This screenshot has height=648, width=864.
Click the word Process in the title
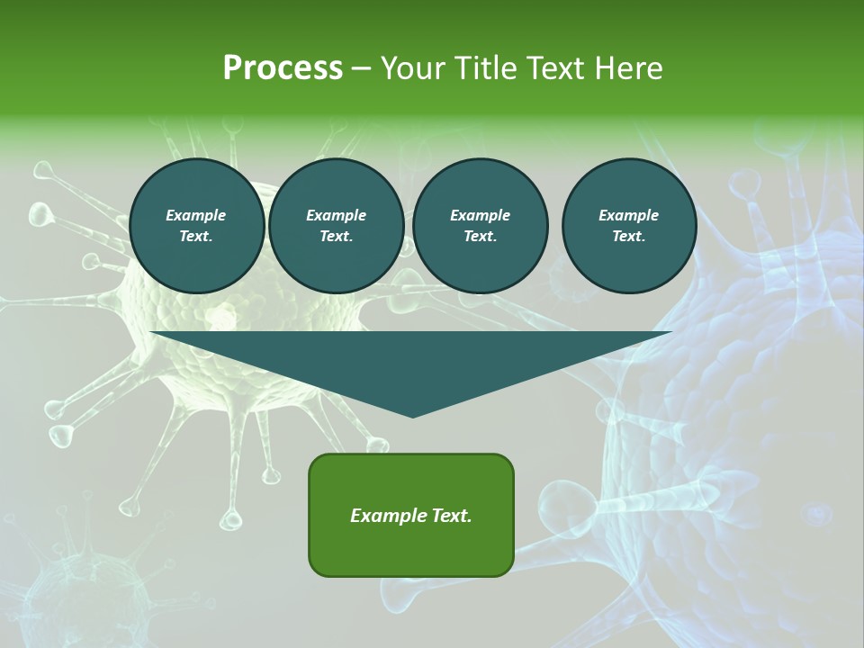[283, 68]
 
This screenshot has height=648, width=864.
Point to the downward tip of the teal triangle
[412, 415]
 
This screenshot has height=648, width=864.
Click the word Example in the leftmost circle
[196, 215]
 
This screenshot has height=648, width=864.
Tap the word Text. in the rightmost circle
[629, 237]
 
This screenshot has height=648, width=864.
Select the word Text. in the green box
[452, 516]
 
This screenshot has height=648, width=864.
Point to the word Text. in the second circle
[337, 237]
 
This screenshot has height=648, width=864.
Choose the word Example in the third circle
[481, 215]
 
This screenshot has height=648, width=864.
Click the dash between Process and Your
[362, 69]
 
